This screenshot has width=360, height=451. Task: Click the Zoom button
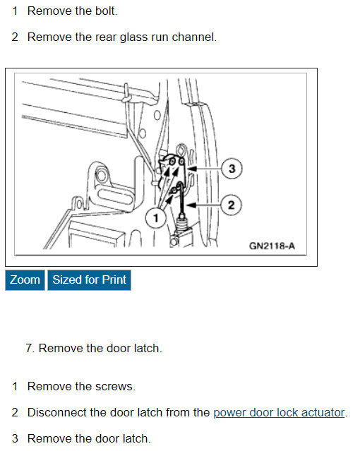[x=25, y=280]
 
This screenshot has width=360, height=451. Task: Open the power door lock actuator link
[x=279, y=412]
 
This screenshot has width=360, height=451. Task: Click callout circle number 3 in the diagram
[x=232, y=169]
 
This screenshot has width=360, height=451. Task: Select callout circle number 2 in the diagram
[x=231, y=205]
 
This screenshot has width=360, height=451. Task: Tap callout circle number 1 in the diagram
[x=156, y=218]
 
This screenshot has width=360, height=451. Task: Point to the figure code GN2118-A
[x=272, y=246]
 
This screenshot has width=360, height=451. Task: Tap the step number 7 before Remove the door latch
[x=29, y=348]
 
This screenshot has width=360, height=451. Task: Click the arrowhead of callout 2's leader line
[x=191, y=205]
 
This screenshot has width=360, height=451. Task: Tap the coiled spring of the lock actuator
[x=182, y=224]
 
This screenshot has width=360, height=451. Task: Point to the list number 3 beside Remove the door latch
[x=15, y=438]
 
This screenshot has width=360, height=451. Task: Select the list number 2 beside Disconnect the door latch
[x=15, y=412]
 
